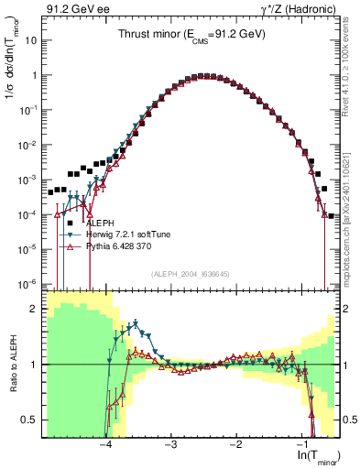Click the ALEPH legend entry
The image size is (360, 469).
[x=100, y=223]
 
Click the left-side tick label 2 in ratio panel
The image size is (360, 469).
[x=36, y=309]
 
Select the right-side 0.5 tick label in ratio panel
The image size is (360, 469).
[x=344, y=420]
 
